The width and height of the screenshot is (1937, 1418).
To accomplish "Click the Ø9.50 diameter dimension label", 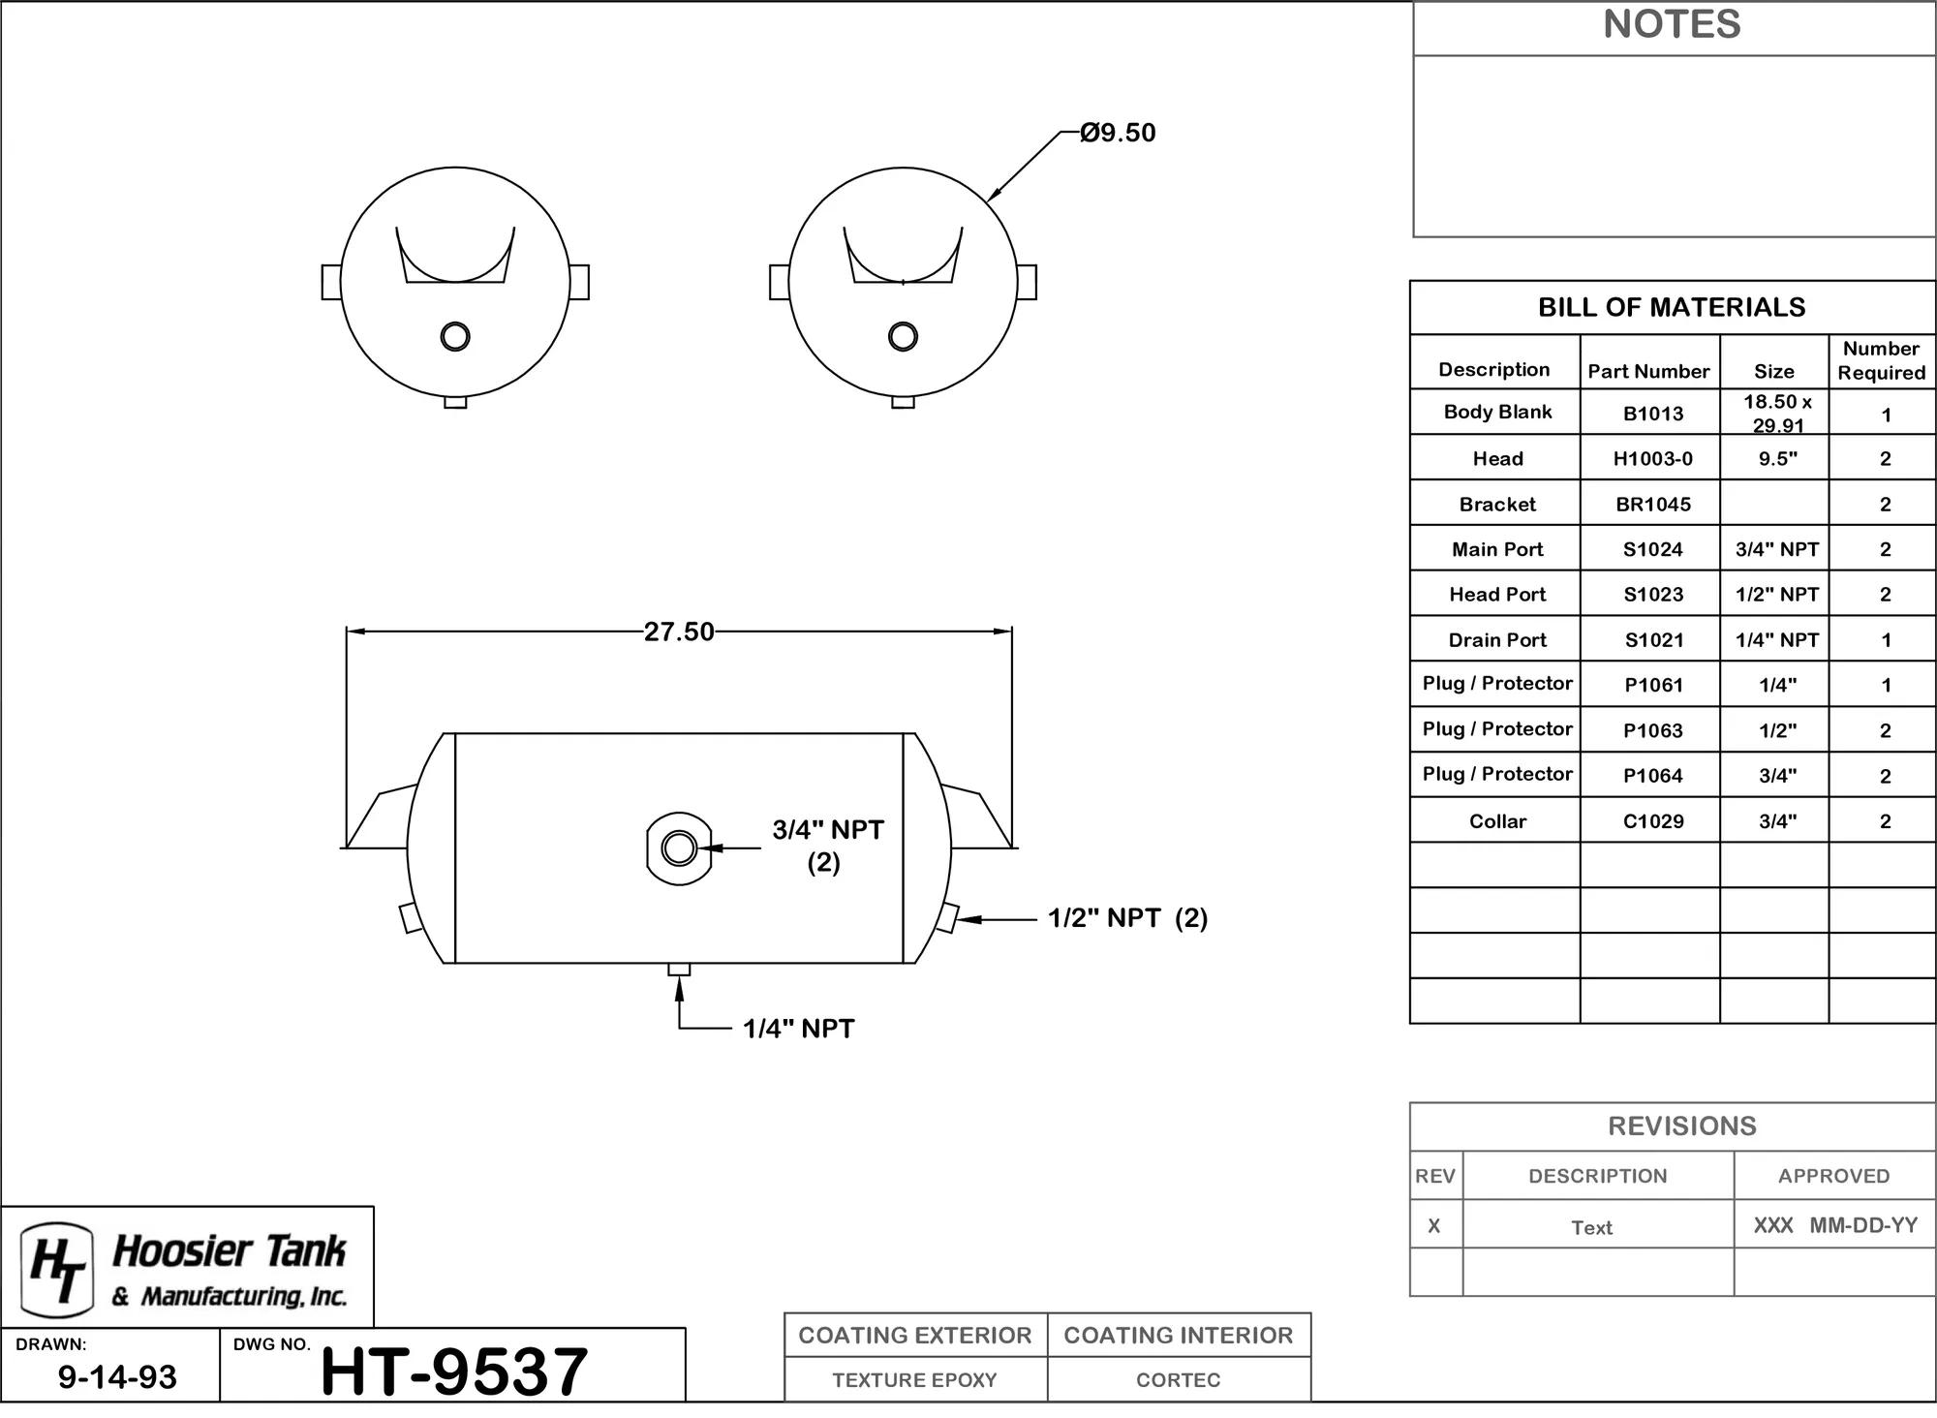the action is coord(1118,133).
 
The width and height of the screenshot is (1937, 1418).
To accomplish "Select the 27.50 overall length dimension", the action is coord(679,632).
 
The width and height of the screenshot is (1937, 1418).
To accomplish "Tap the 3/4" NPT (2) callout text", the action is coord(827,846).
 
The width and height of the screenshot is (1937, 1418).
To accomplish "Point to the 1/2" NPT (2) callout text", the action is coord(1127,918).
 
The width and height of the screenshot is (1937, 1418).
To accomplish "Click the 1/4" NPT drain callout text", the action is coord(798,1029).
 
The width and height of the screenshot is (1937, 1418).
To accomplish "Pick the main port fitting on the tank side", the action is coord(679,848).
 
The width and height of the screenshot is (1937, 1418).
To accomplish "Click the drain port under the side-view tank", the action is coord(679,969).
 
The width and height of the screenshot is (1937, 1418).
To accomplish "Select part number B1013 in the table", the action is coord(1653,414).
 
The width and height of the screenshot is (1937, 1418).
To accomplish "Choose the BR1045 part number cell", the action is coord(1653,504).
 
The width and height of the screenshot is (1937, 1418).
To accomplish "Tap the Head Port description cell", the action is coord(1497,594).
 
